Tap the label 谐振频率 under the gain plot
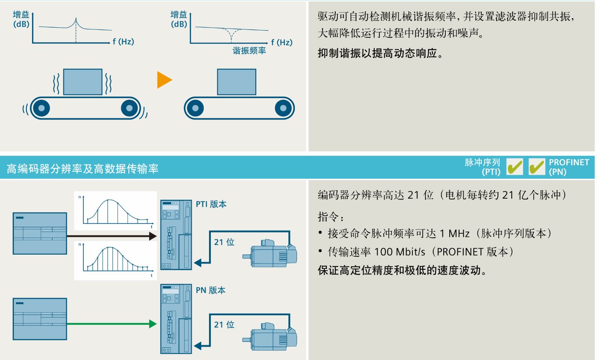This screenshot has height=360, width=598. tap(249, 51)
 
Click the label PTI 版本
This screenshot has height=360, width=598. tap(211, 204)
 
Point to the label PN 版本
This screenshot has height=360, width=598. tap(211, 290)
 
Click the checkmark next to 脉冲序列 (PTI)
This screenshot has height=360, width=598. tap(515, 167)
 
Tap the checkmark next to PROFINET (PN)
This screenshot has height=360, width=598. tap(537, 167)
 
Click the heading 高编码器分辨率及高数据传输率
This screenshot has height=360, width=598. tap(82, 168)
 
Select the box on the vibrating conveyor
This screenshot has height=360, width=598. tap(83, 82)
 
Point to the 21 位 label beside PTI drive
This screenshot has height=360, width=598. tap(224, 242)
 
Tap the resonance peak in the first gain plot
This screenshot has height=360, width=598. tap(76, 20)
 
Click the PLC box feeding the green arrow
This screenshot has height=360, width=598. tap(40, 319)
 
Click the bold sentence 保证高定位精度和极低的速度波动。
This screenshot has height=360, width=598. tap(402, 270)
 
